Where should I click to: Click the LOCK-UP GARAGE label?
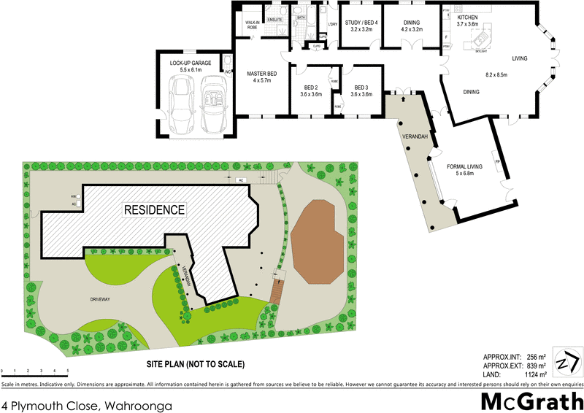[x=191, y=63]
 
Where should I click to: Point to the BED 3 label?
[x=360, y=88]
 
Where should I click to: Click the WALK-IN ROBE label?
[x=253, y=25]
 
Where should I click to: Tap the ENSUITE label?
[x=275, y=19]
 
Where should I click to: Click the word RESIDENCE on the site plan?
[x=154, y=209]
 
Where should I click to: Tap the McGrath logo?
[x=531, y=401]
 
